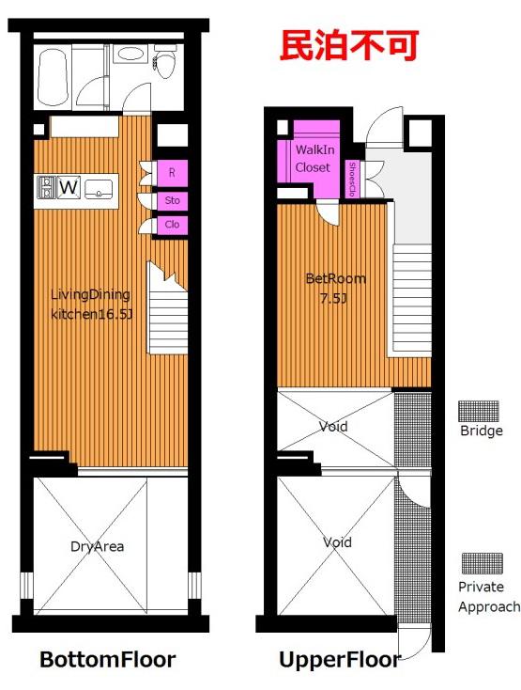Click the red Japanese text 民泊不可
349,45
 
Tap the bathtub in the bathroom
53,77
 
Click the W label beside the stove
69,187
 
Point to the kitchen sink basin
99,188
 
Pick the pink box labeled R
172,173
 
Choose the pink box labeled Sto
172,200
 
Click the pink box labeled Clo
172,225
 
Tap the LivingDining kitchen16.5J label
91,304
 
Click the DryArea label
97,546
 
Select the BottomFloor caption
108,659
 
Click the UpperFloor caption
340,660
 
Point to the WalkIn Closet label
314,159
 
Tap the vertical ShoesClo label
351,179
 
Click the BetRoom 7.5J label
335,289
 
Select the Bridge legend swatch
479,411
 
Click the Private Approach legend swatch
482,564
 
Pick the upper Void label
333,426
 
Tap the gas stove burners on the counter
47,187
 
